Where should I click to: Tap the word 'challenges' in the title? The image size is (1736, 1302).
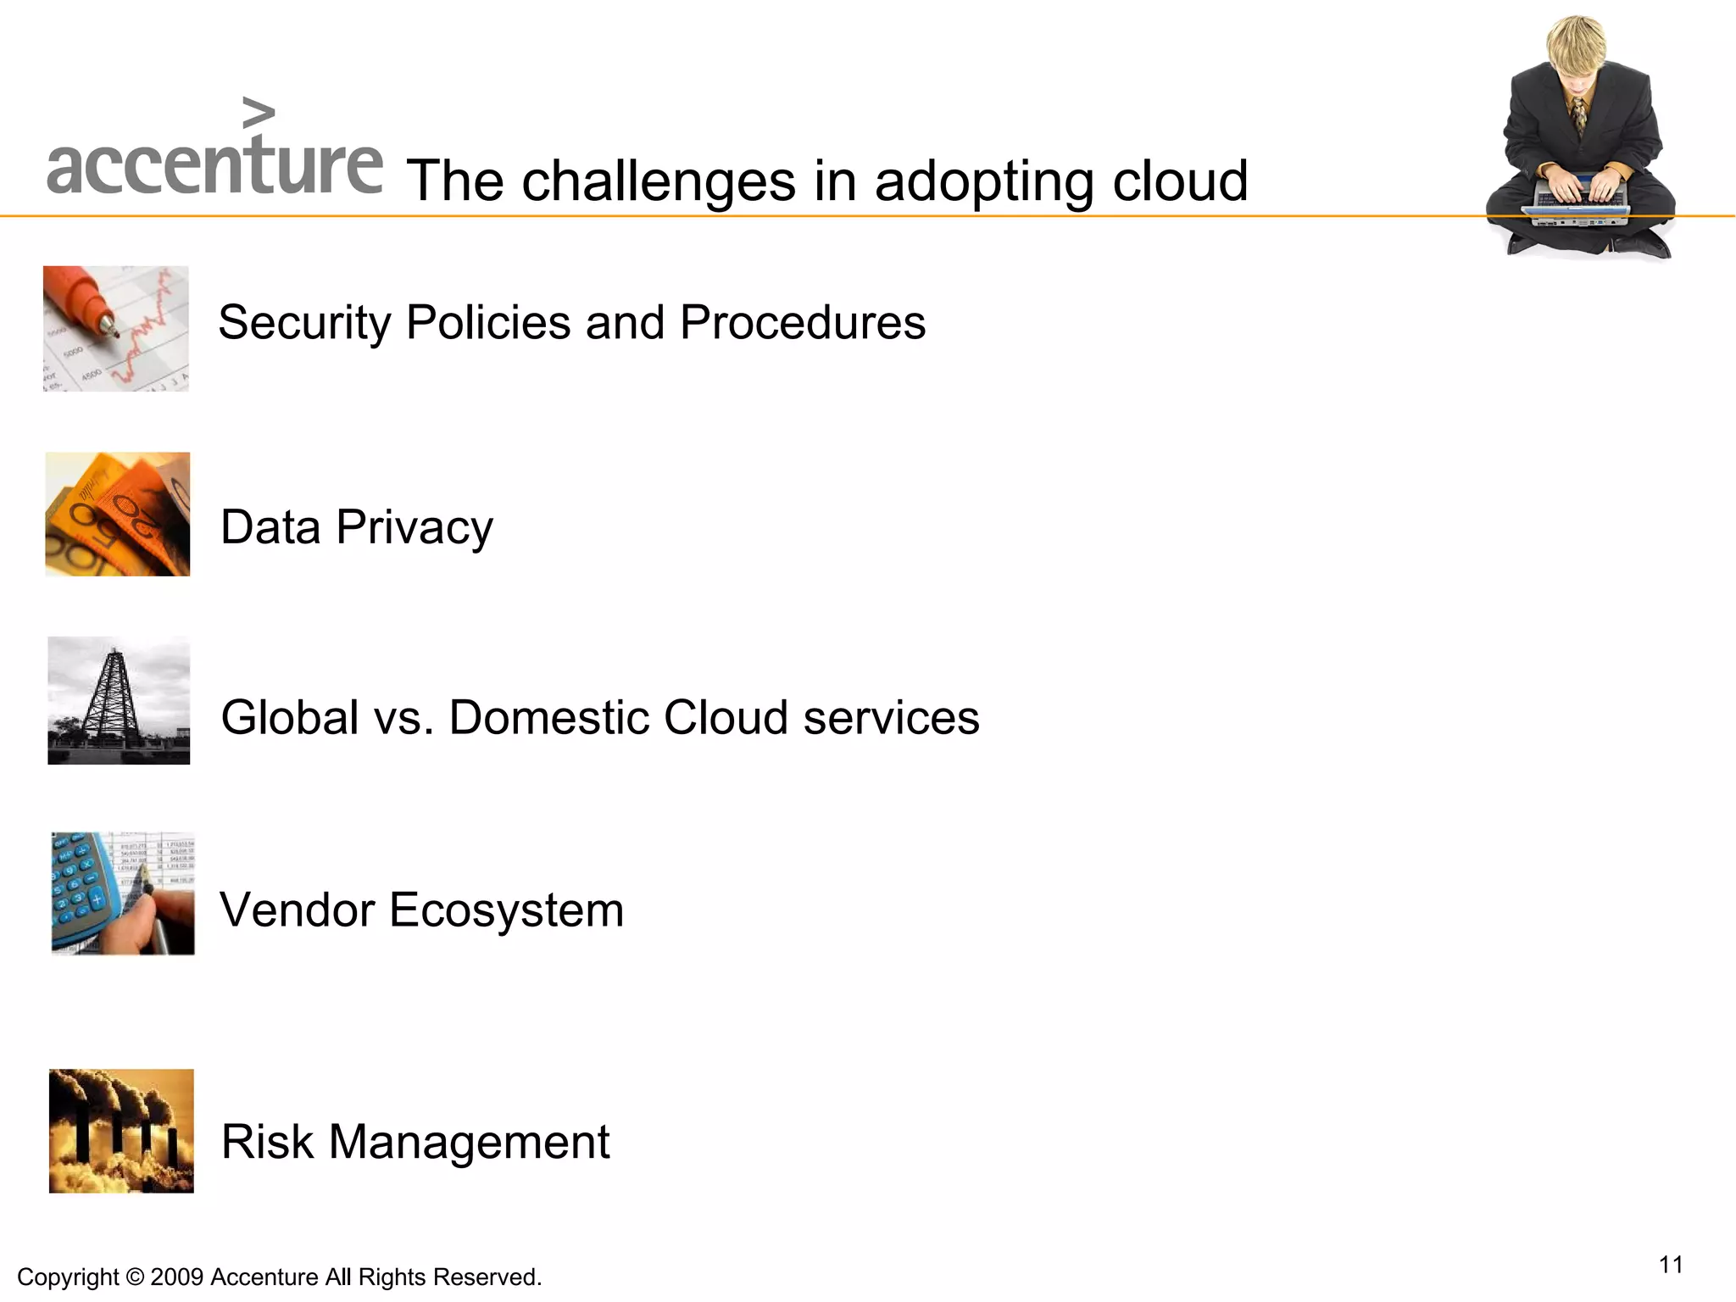(x=658, y=181)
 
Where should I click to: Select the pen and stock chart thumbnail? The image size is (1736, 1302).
(x=116, y=329)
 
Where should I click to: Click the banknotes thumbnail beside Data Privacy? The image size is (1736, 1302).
(x=118, y=515)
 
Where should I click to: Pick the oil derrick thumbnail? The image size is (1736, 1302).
(x=119, y=701)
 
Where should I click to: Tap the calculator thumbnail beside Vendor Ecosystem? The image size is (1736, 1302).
(x=123, y=893)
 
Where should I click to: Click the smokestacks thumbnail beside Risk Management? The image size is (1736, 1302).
(x=121, y=1131)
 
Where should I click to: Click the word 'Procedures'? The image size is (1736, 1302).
(x=802, y=323)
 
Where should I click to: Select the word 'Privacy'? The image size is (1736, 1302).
(x=415, y=528)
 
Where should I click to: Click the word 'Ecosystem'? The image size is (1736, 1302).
(x=506, y=910)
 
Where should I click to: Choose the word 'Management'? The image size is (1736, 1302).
(x=469, y=1142)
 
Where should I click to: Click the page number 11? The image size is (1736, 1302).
(x=1671, y=1265)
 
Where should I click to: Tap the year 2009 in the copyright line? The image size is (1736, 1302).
(x=177, y=1277)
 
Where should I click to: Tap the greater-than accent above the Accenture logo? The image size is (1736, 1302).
(x=259, y=113)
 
